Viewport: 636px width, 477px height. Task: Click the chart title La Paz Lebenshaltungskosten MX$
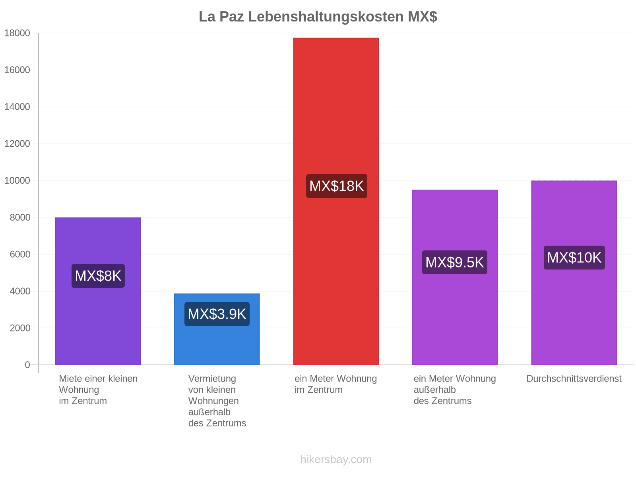[x=318, y=17]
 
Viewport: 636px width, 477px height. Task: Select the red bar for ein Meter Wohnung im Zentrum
[x=336, y=201]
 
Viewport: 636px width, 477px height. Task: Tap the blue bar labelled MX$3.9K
[x=217, y=329]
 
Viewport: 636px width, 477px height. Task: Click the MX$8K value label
[x=98, y=276]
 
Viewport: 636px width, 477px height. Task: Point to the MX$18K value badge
[x=336, y=186]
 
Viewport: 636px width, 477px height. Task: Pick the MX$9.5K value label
[x=455, y=262]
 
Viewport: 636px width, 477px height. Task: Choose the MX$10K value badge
[x=574, y=258]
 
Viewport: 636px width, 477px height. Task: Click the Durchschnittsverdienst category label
[x=574, y=378]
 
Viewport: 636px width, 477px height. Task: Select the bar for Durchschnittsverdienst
[x=574, y=273]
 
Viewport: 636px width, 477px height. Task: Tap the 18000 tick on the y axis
[x=17, y=33]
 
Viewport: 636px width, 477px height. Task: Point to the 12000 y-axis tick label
[x=17, y=143]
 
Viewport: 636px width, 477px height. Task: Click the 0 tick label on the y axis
[x=27, y=365]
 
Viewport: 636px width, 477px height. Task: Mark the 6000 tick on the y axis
[x=20, y=254]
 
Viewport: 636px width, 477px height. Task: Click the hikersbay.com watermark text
[x=336, y=460]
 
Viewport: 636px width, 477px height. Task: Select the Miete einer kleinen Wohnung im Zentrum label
[x=98, y=390]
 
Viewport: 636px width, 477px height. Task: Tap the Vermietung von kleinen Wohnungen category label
[x=217, y=401]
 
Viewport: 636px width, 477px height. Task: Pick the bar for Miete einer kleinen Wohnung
[x=98, y=291]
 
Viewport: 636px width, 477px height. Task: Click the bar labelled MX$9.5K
[x=455, y=277]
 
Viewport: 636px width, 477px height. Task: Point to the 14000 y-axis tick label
[x=17, y=107]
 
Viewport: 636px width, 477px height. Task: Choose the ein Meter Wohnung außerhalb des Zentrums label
[x=455, y=390]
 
